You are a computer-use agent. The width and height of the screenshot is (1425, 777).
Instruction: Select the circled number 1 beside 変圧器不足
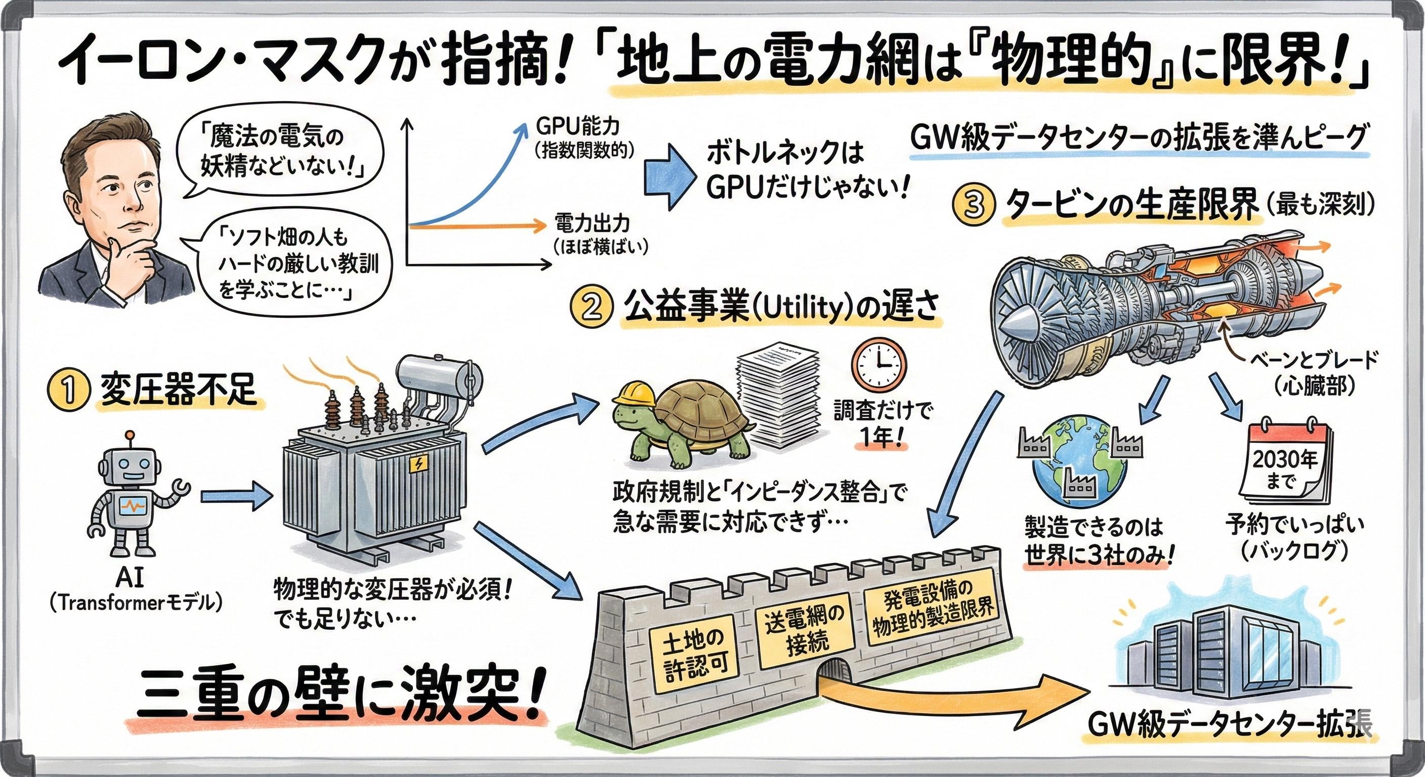tap(68, 391)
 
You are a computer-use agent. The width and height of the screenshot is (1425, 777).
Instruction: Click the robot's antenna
tap(131, 438)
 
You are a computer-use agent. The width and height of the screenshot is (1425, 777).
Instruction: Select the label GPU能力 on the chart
tap(576, 126)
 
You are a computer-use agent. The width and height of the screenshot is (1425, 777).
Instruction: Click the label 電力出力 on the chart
tap(592, 224)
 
